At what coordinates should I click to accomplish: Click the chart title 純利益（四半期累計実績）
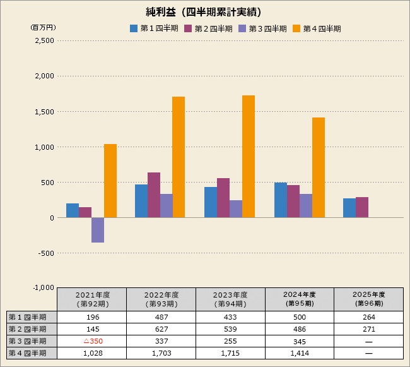(203, 12)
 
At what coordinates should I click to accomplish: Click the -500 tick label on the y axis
(45, 253)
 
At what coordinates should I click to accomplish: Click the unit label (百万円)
(43, 28)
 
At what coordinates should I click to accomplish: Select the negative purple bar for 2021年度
(98, 230)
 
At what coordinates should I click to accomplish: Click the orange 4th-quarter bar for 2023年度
(249, 156)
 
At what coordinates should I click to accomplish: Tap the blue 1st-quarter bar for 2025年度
(349, 208)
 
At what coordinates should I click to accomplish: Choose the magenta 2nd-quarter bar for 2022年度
(154, 195)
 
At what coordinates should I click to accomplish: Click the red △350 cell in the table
(93, 341)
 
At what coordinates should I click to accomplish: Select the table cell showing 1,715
(230, 353)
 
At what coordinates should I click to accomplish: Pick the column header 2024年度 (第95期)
(299, 299)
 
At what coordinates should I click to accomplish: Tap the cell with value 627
(161, 329)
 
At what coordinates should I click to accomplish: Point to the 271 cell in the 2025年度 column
(368, 329)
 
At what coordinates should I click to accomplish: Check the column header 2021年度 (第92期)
(92, 299)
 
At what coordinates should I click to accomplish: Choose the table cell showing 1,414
(299, 353)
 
